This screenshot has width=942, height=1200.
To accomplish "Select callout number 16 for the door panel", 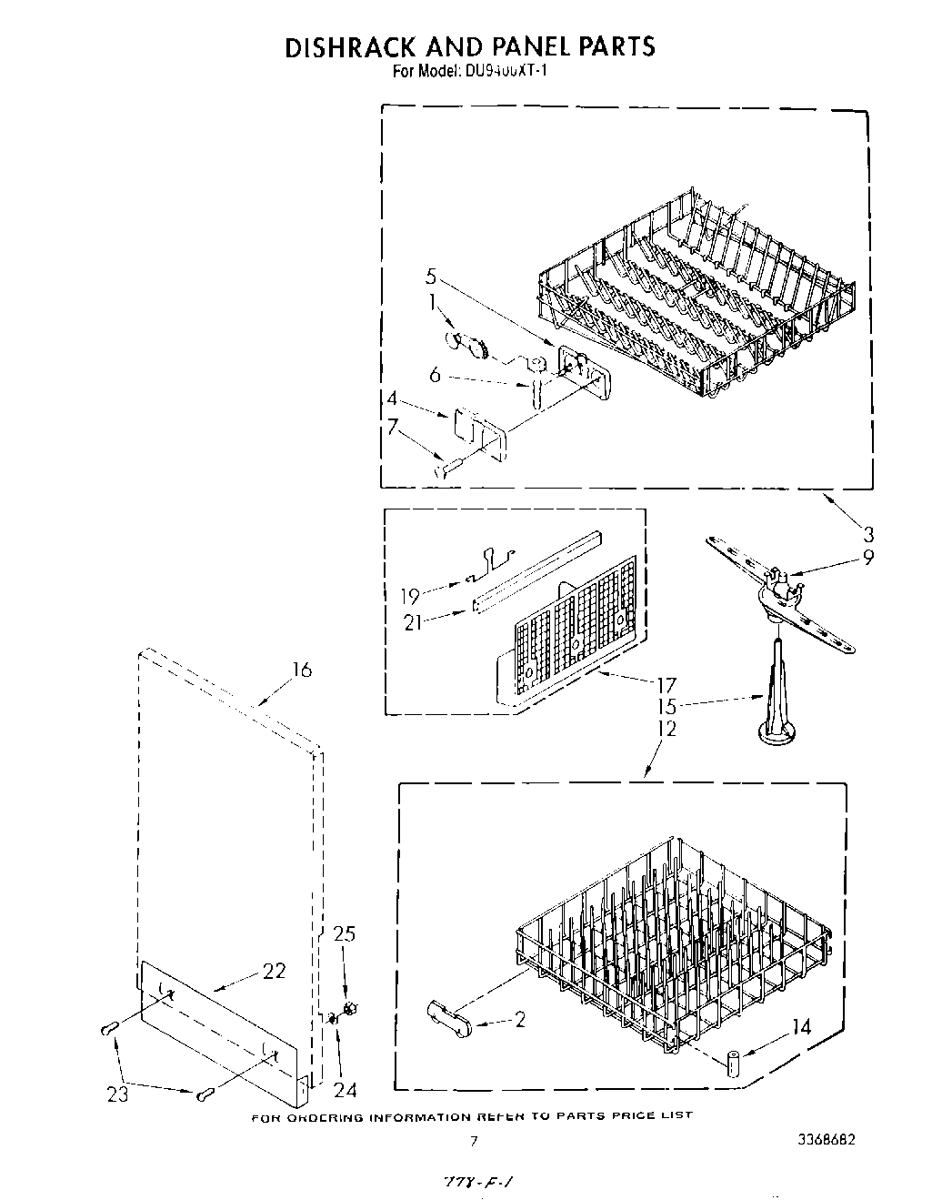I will (x=301, y=670).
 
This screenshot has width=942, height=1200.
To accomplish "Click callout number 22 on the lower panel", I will (x=274, y=971).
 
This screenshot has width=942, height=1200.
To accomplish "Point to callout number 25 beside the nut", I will (x=345, y=934).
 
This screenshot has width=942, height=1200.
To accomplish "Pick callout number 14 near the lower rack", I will (x=801, y=1027).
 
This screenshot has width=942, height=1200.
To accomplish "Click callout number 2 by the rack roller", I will (x=519, y=1020).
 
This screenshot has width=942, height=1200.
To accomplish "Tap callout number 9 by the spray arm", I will (x=868, y=558).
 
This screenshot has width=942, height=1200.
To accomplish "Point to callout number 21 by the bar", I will (x=414, y=622).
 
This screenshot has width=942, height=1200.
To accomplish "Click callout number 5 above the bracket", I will (x=432, y=276).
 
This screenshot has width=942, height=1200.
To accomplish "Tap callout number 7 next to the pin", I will (x=393, y=424).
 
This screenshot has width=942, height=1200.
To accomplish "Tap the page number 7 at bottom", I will (x=473, y=1140).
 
